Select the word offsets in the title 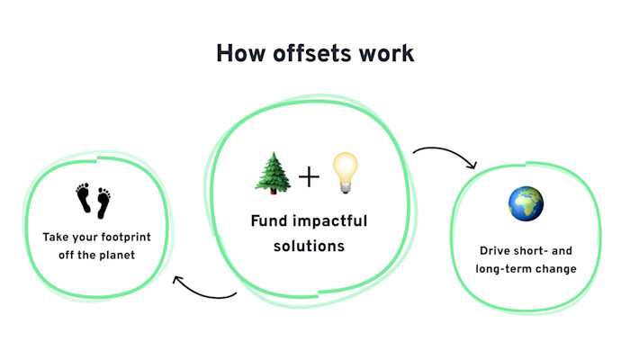[x=312, y=52]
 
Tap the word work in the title [x=386, y=52]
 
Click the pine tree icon [x=274, y=173]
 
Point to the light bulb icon [x=345, y=172]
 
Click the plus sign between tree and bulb [x=309, y=175]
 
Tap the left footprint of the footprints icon [x=84, y=199]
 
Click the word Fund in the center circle [x=269, y=221]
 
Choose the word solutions [x=310, y=245]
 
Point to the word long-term [x=508, y=268]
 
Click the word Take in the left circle [x=56, y=238]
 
